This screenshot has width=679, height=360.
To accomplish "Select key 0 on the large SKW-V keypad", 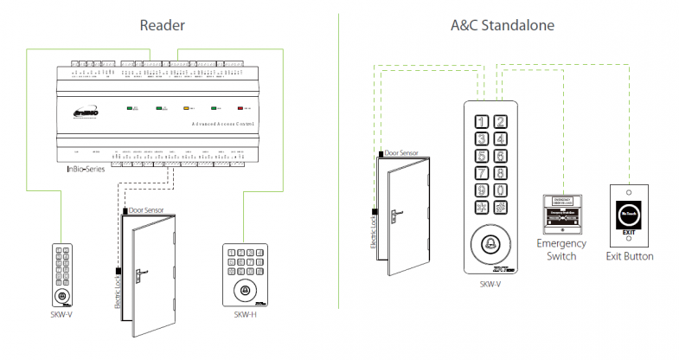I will point(499,190).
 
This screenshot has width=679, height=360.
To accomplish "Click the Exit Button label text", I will point(629,256).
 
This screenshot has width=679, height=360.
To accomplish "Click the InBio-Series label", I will point(86,169).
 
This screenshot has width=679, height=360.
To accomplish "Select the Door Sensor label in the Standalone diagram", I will point(401,152).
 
